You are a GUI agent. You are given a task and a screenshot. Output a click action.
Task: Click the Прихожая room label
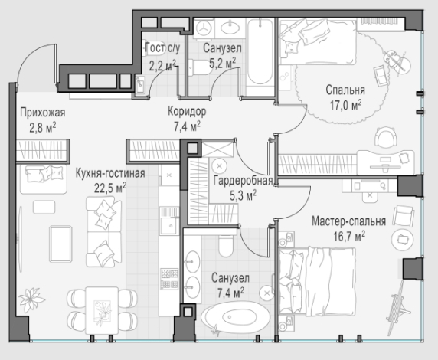tap(42, 113)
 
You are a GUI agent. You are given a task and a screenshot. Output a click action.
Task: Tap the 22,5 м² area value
tap(110, 188)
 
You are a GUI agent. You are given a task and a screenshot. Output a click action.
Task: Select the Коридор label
tap(187, 111)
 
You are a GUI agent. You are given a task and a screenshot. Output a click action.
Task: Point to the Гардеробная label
tap(243, 181)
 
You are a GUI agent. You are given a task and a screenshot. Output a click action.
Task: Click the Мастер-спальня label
tap(349, 221)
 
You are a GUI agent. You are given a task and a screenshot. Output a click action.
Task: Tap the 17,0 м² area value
tap(346, 105)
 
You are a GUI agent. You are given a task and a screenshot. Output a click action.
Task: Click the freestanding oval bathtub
tap(236, 317)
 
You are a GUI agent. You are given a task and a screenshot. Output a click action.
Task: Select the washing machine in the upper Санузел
tap(204, 28)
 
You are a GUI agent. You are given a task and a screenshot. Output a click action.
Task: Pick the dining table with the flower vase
tap(102, 310)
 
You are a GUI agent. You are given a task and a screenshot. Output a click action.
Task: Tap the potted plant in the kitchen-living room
tap(31, 299)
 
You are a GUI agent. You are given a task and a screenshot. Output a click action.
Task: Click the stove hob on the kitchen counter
tap(169, 278)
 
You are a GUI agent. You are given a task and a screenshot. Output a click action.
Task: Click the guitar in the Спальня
tap(396, 61)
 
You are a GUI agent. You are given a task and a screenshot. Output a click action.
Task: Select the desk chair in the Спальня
tap(386, 136)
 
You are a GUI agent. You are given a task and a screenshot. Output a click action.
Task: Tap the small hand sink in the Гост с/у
tap(140, 84)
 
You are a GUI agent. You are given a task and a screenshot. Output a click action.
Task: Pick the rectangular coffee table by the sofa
tap(60, 244)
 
